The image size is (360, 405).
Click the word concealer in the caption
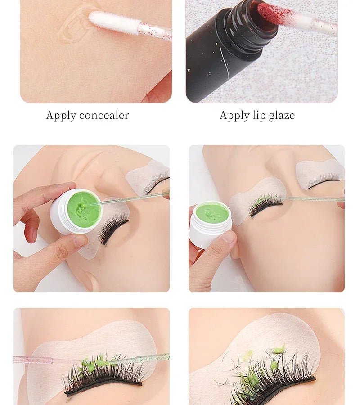[x=103, y=116]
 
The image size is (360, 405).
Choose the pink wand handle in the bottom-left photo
[x=45, y=359]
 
